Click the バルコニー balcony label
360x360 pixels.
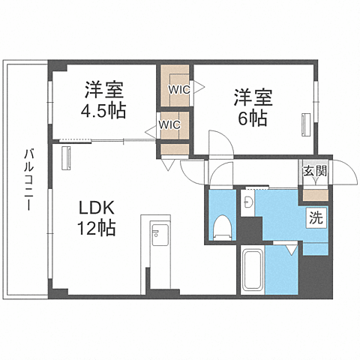(x=27, y=180)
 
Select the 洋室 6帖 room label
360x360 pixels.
(x=253, y=107)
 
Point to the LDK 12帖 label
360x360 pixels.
(x=96, y=217)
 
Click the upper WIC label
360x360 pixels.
(x=178, y=89)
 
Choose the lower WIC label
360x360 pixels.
(x=168, y=125)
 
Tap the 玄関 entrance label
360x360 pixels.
(x=315, y=171)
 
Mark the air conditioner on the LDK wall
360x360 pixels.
(x=65, y=157)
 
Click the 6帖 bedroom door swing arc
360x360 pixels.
(x=220, y=142)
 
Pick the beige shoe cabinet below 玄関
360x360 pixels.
(x=315, y=196)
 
